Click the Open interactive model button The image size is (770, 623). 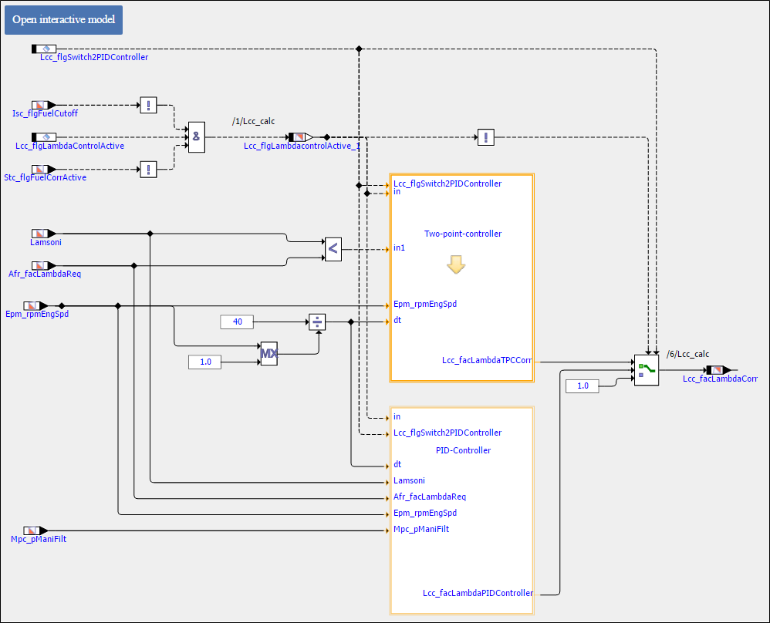[x=63, y=19]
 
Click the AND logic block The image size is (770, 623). [x=197, y=137]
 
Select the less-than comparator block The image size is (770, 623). [x=333, y=248]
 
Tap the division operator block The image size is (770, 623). [x=316, y=322]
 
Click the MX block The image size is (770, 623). [x=268, y=354]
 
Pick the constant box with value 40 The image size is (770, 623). [x=237, y=322]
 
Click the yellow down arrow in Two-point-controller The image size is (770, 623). [x=455, y=265]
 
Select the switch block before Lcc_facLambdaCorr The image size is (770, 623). [x=646, y=370]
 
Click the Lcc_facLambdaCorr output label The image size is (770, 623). [x=720, y=379]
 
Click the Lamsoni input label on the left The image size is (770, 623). [x=46, y=241]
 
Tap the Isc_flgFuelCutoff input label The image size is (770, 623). [x=45, y=113]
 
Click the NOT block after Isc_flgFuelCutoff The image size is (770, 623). [x=148, y=105]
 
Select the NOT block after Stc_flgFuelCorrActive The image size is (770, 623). [x=148, y=170]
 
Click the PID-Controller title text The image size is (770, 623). [x=463, y=450]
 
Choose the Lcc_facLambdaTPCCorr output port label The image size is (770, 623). [x=487, y=360]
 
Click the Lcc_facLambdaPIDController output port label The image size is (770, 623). [x=478, y=593]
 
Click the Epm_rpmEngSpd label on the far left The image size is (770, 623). [x=36, y=315]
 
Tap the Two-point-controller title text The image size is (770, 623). [x=463, y=234]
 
